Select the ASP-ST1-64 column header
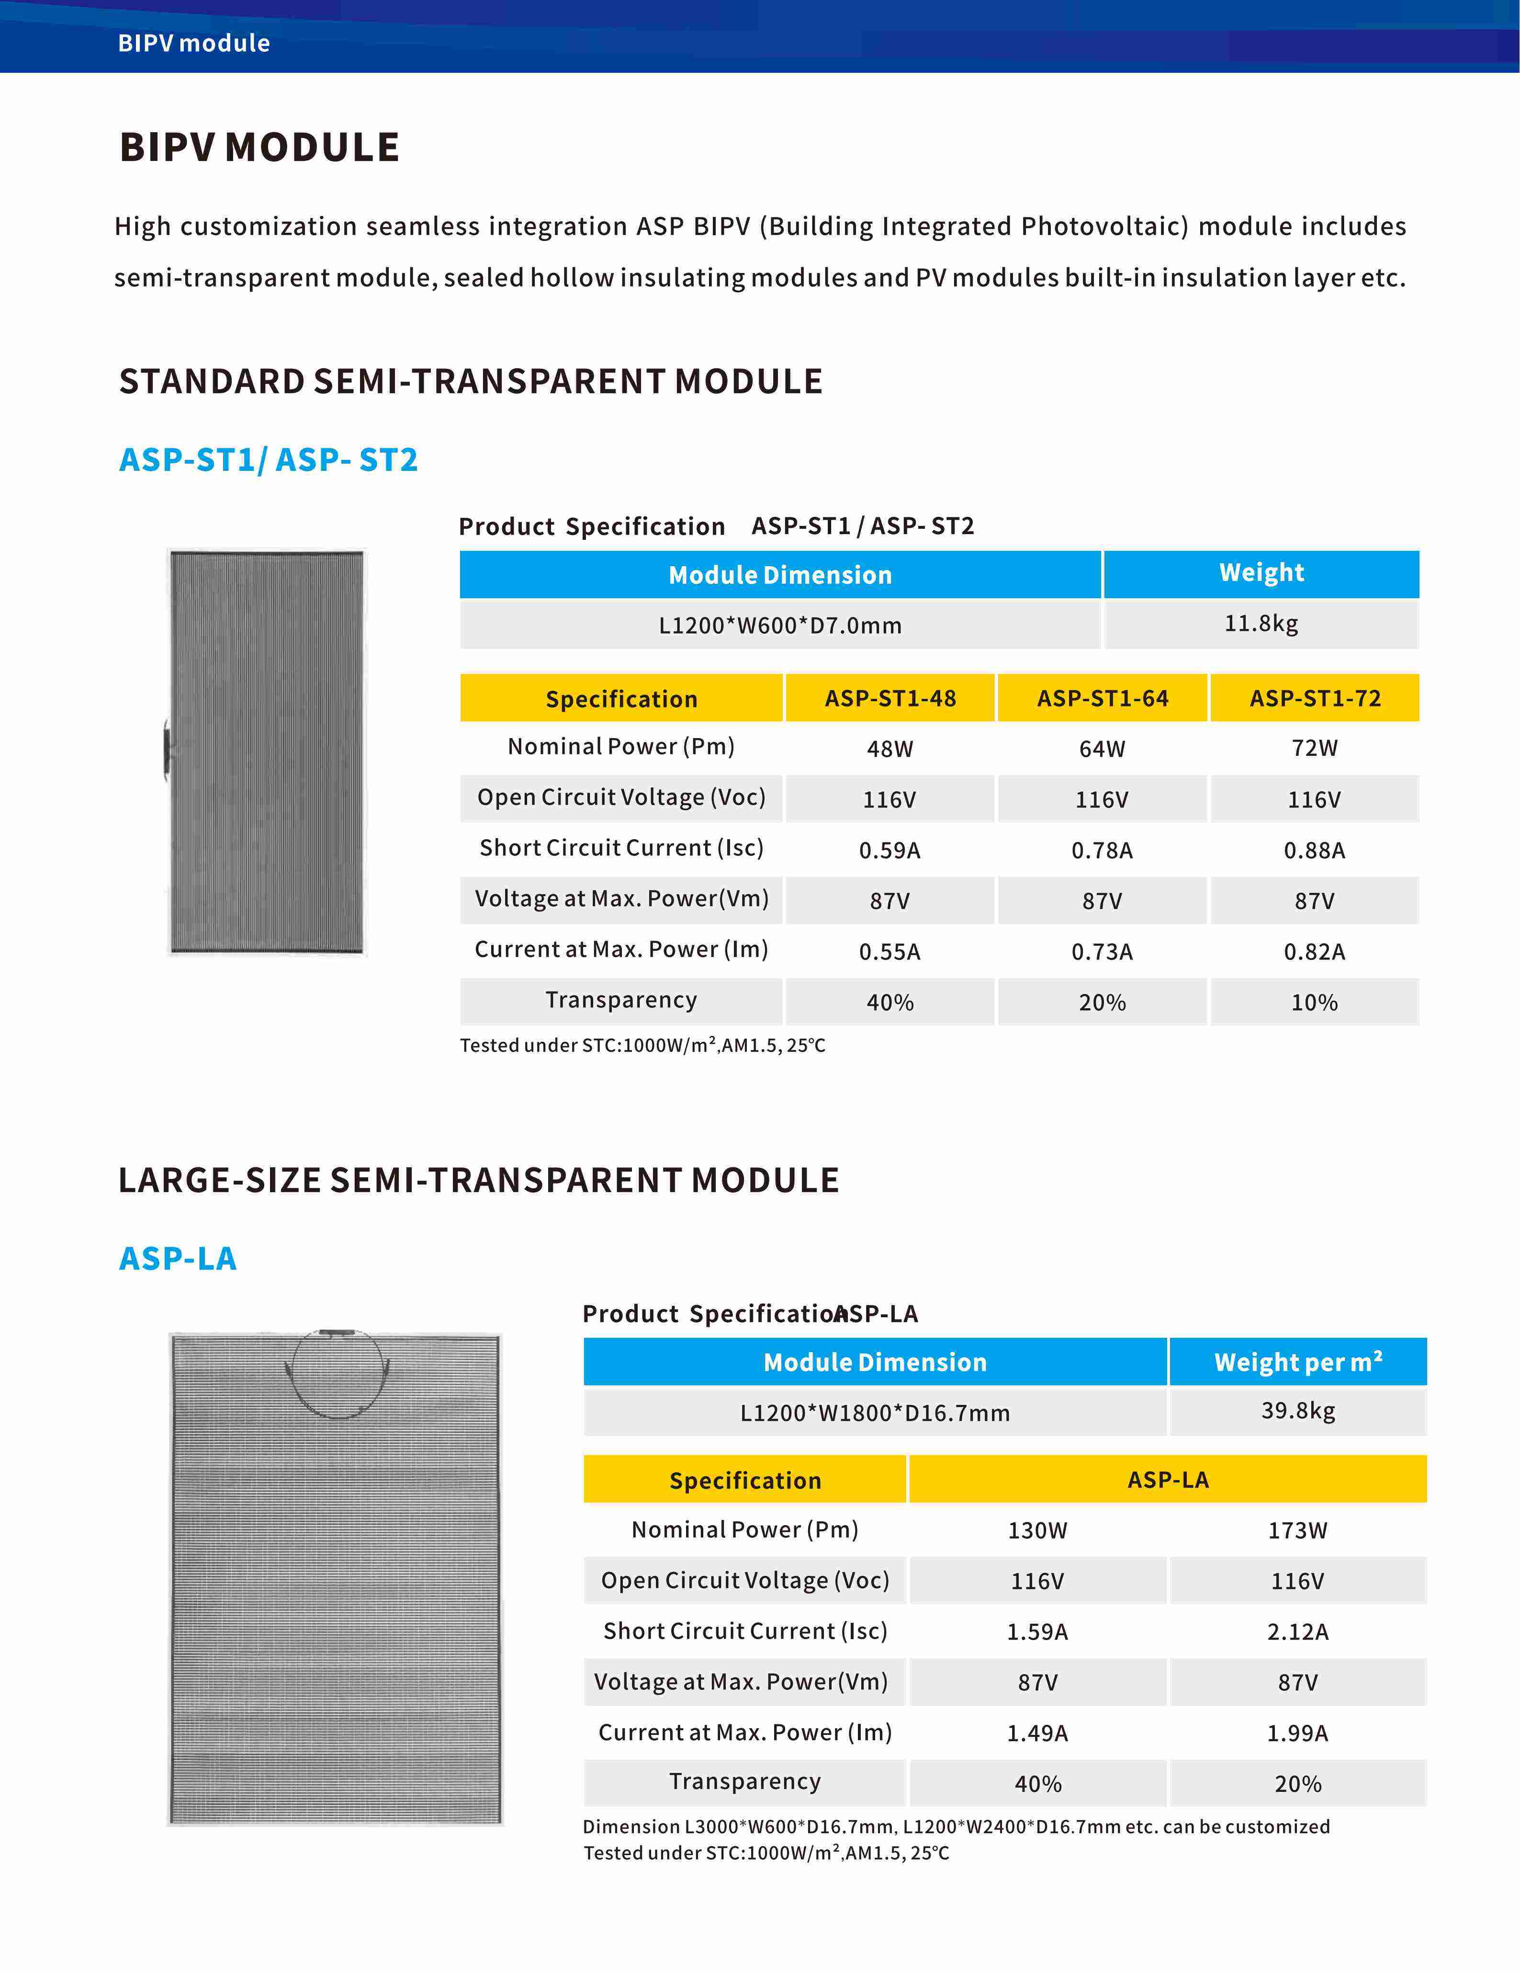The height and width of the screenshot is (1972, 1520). click(x=1102, y=698)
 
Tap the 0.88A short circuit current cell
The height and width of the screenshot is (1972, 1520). click(x=1314, y=850)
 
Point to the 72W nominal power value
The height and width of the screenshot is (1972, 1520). click(x=1314, y=748)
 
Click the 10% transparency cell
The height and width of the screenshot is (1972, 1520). click(x=1314, y=1002)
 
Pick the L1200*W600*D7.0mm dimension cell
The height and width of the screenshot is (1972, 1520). click(x=780, y=625)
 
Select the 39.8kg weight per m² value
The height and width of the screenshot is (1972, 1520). click(x=1297, y=1410)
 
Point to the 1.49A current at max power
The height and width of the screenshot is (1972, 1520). click(x=1037, y=1733)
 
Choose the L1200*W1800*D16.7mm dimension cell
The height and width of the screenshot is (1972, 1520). click(x=875, y=1412)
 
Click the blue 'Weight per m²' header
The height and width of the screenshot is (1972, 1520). click(x=1297, y=1362)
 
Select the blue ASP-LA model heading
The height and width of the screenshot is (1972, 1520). click(x=178, y=1258)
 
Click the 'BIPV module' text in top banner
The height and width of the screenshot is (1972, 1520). click(x=194, y=43)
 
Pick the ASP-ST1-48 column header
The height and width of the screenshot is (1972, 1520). click(x=890, y=698)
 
